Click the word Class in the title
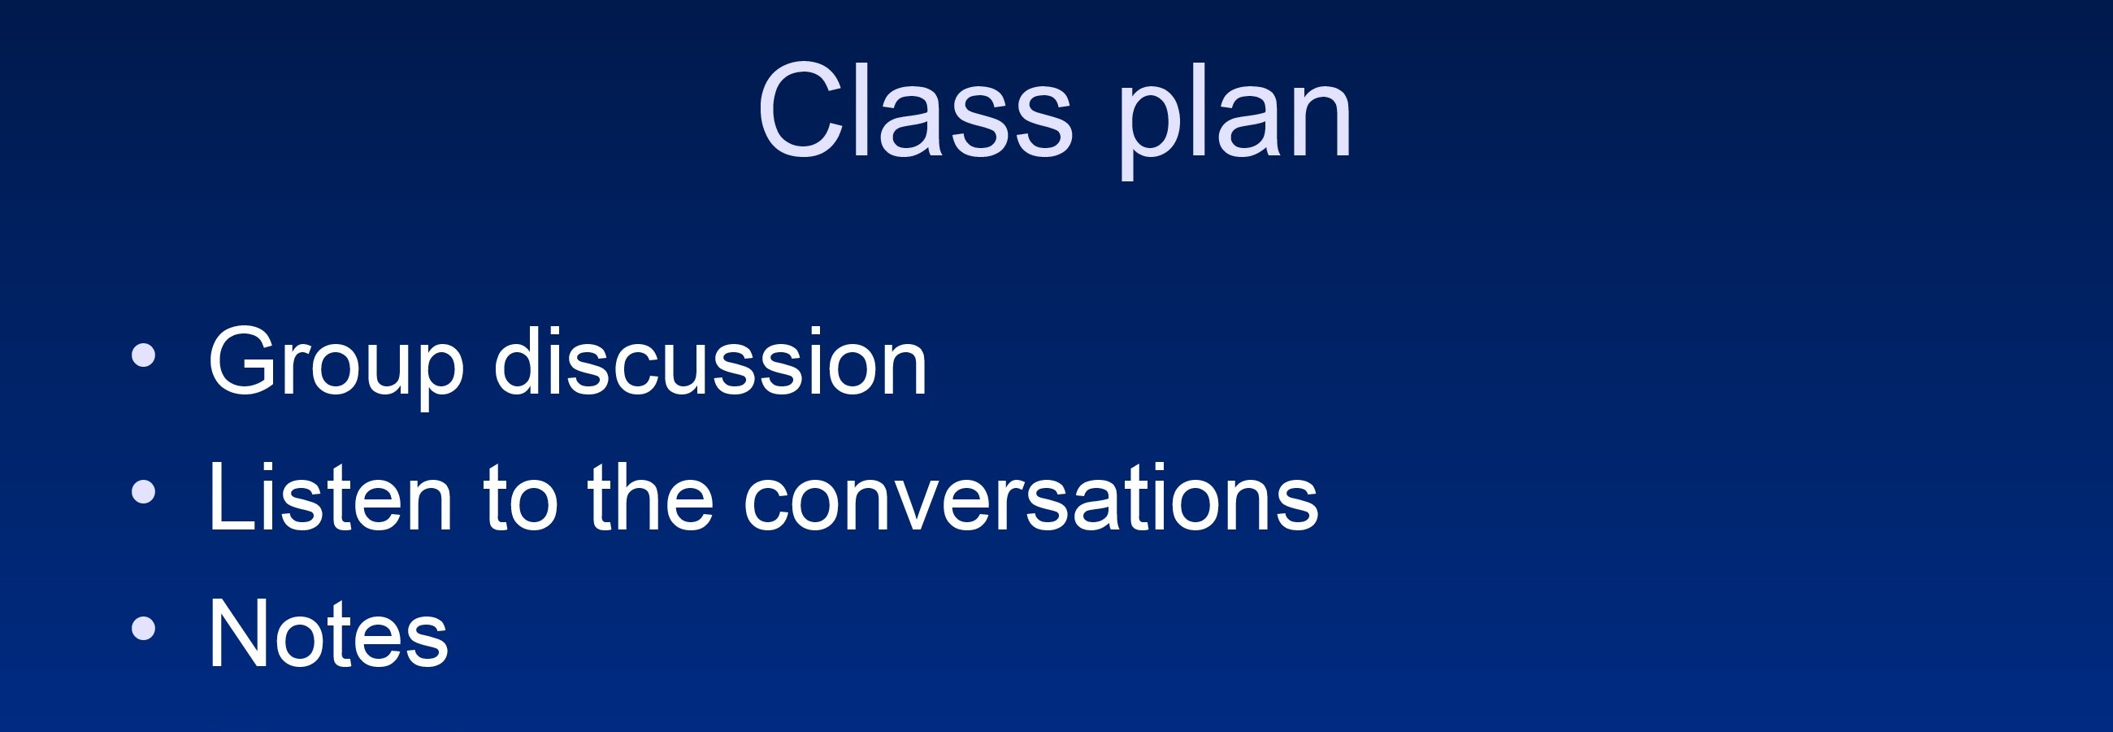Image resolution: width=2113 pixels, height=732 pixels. click(915, 109)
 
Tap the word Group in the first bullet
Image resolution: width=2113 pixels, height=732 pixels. click(336, 366)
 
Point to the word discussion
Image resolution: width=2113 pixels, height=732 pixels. click(710, 361)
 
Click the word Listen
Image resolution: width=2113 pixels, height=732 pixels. click(331, 496)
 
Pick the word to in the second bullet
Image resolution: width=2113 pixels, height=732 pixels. click(521, 498)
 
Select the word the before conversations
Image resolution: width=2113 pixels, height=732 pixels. click(650, 496)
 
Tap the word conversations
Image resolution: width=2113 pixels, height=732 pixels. click(1030, 498)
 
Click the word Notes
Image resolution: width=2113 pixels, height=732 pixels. click(329, 633)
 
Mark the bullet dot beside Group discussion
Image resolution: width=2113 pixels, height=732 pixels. click(144, 355)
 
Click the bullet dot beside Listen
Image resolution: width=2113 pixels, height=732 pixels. click(144, 491)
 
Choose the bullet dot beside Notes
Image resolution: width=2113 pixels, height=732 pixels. click(144, 628)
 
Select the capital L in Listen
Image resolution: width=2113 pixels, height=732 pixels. click(234, 496)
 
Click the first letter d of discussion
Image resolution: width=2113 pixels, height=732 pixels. click(519, 361)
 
